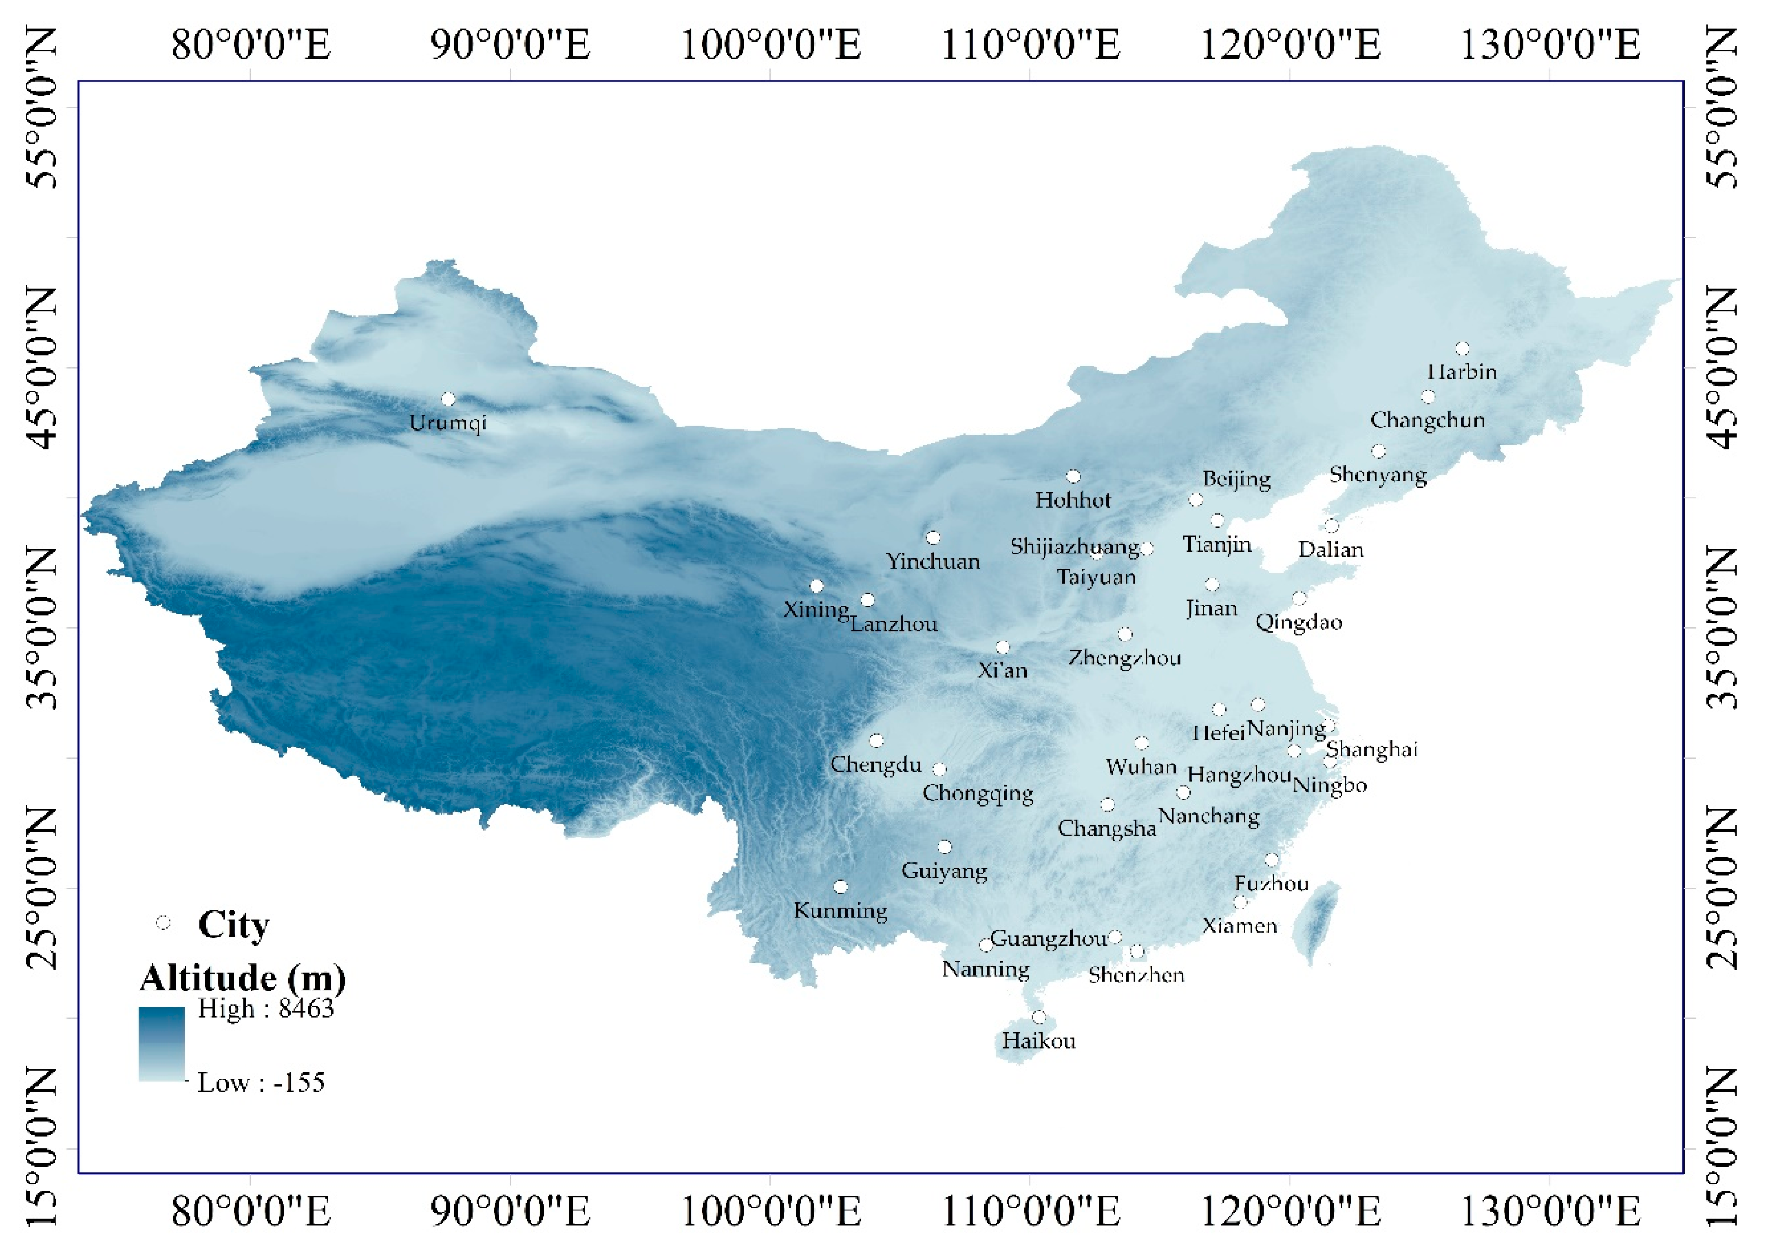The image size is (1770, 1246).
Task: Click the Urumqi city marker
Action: (x=448, y=399)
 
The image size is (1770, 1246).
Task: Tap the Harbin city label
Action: (x=1462, y=372)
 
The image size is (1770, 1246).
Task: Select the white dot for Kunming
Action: (x=840, y=887)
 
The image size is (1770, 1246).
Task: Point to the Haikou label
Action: (x=1038, y=1041)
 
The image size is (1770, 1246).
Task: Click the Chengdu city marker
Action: (x=876, y=740)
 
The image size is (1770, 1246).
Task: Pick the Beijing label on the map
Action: (x=1237, y=479)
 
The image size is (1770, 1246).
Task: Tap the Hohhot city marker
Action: (x=1073, y=477)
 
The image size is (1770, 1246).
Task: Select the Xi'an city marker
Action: (x=1002, y=647)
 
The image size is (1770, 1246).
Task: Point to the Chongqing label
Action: (x=978, y=793)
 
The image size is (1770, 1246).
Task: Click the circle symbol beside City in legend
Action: (x=163, y=922)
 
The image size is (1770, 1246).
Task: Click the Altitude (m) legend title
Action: (x=243, y=978)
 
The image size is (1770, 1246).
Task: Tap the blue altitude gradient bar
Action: (x=162, y=1043)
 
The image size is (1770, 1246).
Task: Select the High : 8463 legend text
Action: (x=266, y=1009)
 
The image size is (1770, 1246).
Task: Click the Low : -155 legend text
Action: (x=261, y=1083)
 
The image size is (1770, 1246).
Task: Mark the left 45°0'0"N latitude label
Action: (x=42, y=368)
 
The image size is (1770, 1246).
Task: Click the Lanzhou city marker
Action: (x=867, y=600)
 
